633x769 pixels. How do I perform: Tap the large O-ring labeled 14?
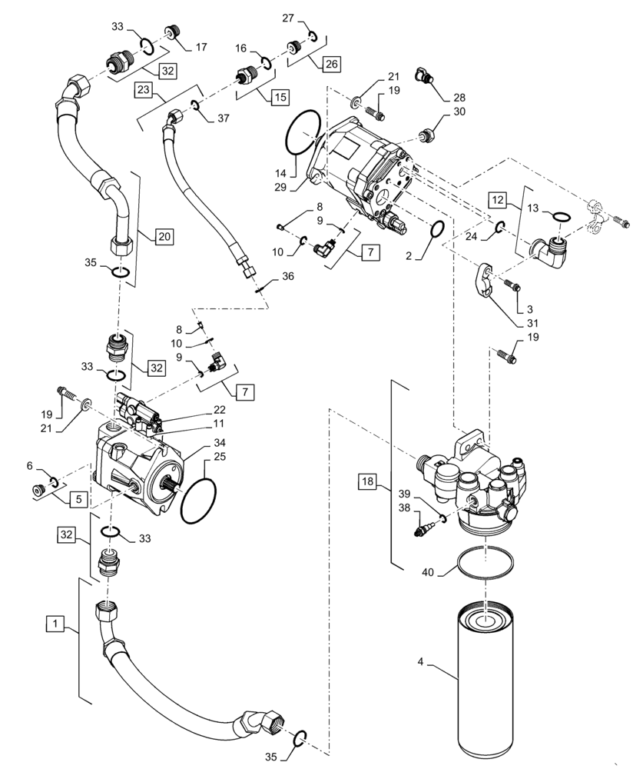click(x=303, y=132)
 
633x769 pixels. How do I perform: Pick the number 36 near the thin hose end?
click(x=287, y=276)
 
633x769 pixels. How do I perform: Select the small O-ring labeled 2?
click(x=436, y=229)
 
